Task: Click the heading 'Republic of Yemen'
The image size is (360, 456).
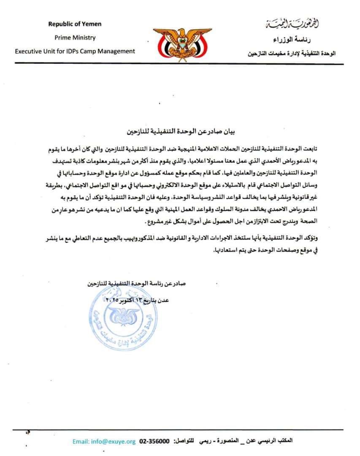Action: (75, 24)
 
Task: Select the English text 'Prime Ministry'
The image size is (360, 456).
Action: (75, 38)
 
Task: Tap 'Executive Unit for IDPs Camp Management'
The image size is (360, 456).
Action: (75, 51)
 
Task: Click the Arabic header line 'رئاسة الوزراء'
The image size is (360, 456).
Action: (304, 40)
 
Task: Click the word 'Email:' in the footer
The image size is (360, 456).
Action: (81, 442)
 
